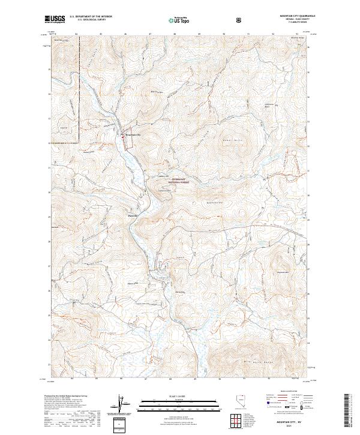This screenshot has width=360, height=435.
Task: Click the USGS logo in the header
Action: pos(55,19)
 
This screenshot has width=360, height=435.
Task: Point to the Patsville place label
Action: pos(134,215)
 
